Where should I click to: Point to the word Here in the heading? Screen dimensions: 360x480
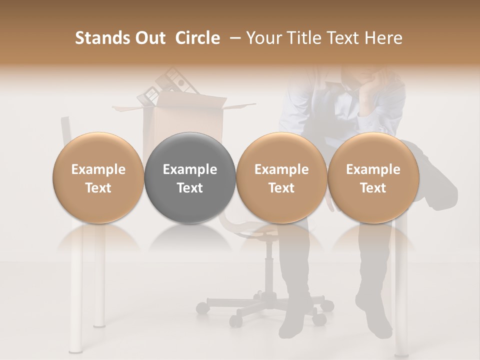(383, 38)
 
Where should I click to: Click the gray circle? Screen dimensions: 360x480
(190, 177)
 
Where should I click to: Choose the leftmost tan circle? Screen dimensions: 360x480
(98, 177)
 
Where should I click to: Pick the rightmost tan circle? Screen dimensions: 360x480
(373, 177)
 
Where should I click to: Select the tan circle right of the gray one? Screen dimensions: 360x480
(282, 177)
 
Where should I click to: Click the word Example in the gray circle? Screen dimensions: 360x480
(190, 169)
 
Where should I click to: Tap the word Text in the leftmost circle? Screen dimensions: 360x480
(98, 188)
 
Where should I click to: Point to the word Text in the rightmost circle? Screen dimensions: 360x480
(373, 188)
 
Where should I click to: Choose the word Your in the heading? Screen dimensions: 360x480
(263, 38)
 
